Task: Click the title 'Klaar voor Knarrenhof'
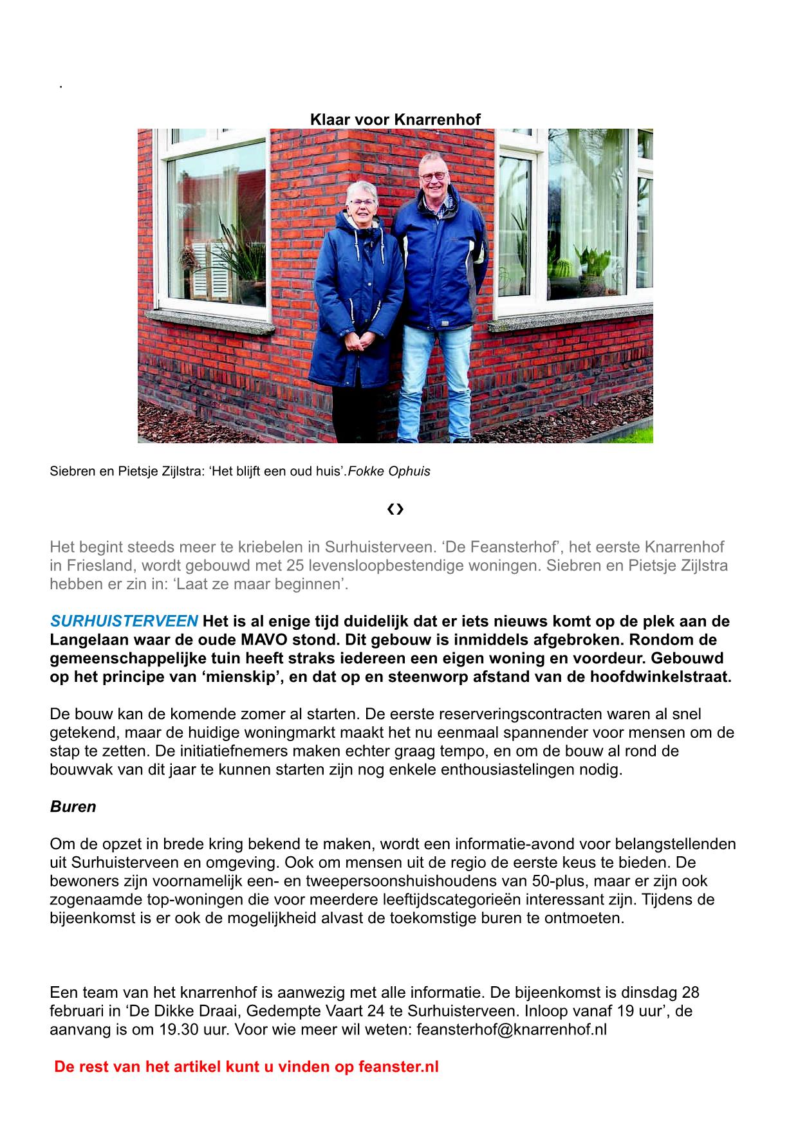pos(395,120)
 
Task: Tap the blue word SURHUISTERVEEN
pos(124,621)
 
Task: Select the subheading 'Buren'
pos(73,807)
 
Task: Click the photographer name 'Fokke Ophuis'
pos(389,471)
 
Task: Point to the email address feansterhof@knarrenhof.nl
pos(512,1029)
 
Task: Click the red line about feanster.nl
pos(246,1067)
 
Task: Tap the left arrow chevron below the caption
pos(391,509)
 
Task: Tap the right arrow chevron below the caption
pos(400,509)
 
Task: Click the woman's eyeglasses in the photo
pos(362,202)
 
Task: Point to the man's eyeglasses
pos(432,175)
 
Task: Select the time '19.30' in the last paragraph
pos(178,1029)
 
